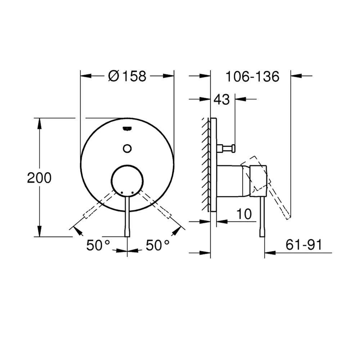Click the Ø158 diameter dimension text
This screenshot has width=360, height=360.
point(127,76)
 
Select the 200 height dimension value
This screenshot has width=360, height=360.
point(39,178)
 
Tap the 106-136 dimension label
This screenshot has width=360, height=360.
point(252,76)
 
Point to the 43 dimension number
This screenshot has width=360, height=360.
point(221,99)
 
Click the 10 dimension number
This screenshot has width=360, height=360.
point(244,214)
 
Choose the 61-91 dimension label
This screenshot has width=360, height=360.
point(304,244)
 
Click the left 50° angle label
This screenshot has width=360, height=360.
point(98,245)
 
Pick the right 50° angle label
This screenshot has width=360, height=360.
point(158,245)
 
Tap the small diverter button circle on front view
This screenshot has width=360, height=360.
point(127,149)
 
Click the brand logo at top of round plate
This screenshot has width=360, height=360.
point(127,129)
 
